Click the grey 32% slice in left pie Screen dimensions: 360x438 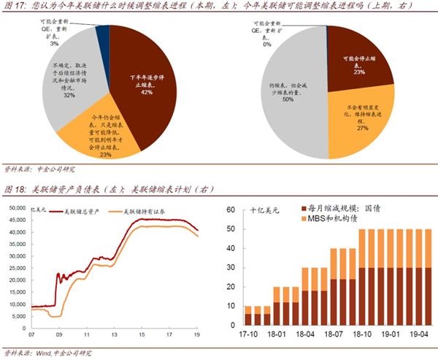[69, 84]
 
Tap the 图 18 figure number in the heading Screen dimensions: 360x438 [14, 190]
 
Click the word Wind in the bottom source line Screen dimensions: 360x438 [45, 353]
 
